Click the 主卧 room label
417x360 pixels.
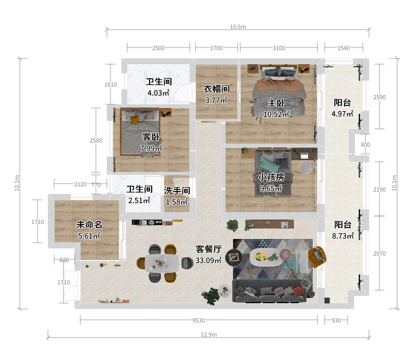(x=276, y=103)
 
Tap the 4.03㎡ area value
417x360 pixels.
(x=158, y=93)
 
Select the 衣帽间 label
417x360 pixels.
(x=216, y=89)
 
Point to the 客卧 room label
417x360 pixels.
(x=151, y=137)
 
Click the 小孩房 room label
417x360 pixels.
(x=271, y=177)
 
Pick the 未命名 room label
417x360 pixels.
(x=89, y=225)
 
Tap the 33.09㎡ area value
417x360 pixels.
(x=208, y=260)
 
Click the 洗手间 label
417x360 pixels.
(x=177, y=190)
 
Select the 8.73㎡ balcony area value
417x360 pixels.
(x=342, y=236)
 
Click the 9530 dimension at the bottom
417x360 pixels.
(x=199, y=320)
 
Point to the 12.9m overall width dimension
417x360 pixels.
(x=209, y=334)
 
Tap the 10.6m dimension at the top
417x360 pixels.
(x=238, y=27)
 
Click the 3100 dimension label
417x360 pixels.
(x=279, y=48)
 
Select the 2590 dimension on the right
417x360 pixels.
(x=379, y=97)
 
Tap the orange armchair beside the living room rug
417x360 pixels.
(x=317, y=257)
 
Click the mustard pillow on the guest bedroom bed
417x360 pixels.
(x=134, y=120)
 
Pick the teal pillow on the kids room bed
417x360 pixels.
(x=269, y=164)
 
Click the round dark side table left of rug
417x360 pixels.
(x=234, y=258)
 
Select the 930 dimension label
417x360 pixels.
(x=336, y=320)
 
